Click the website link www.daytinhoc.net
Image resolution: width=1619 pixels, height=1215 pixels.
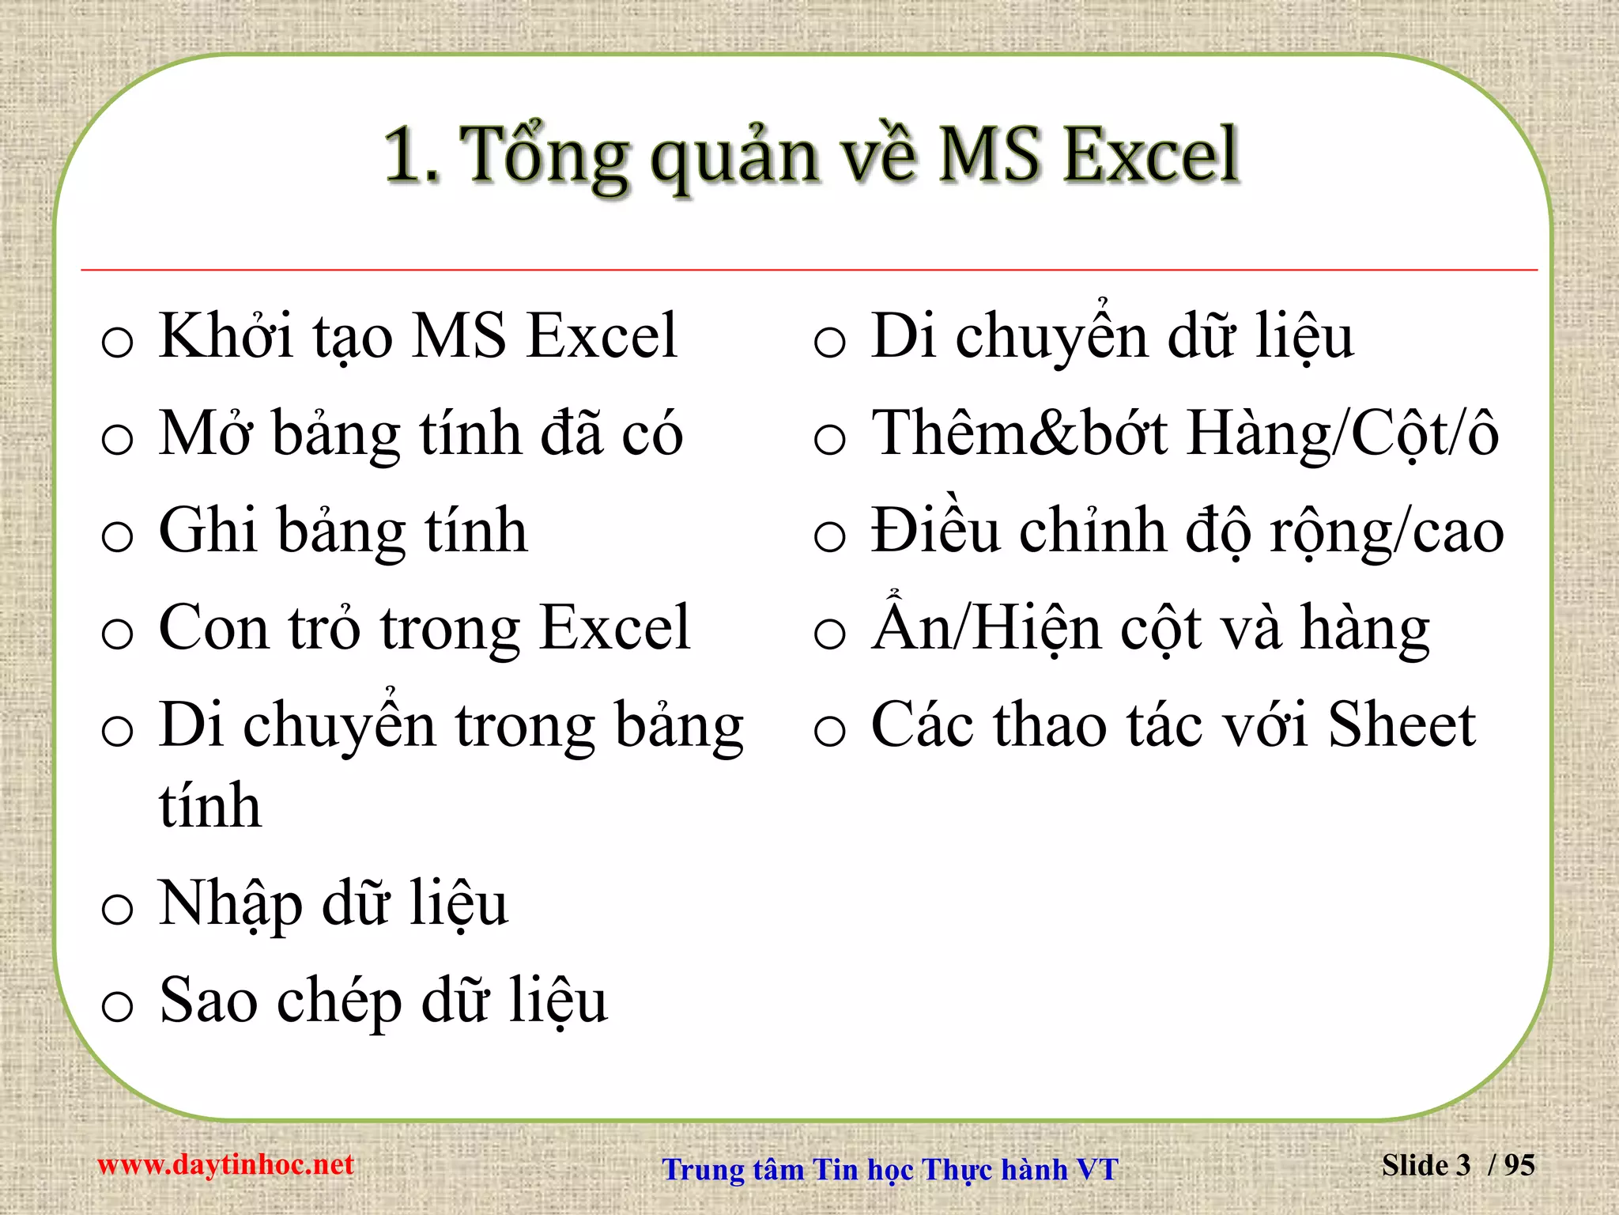[x=225, y=1164]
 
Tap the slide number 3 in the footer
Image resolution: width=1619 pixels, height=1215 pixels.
[x=1462, y=1165]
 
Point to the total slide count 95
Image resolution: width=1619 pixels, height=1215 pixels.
[x=1519, y=1165]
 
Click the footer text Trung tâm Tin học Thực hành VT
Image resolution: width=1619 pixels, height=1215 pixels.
[x=890, y=1169]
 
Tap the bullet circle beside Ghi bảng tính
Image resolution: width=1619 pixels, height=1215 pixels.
[x=118, y=536]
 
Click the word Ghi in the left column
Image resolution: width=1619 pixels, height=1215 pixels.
[x=208, y=530]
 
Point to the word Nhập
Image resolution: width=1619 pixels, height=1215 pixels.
[x=231, y=905]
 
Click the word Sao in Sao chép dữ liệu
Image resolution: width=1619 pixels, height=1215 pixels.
[x=208, y=1001]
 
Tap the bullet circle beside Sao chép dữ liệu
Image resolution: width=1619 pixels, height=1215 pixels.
[x=118, y=1006]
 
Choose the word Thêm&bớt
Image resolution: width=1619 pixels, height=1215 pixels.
[x=1019, y=433]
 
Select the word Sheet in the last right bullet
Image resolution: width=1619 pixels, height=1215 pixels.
[x=1401, y=725]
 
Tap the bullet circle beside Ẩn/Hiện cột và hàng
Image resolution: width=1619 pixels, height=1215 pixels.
[x=830, y=634]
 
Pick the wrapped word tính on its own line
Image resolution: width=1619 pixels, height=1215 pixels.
[x=209, y=806]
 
